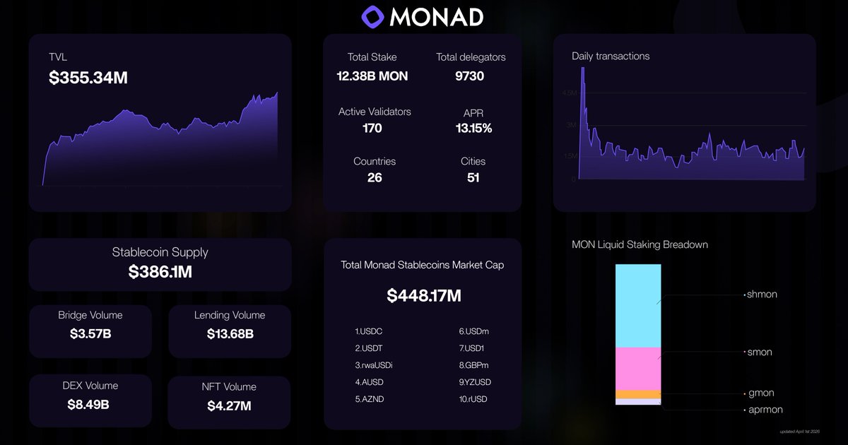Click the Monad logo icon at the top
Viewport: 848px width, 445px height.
click(372, 16)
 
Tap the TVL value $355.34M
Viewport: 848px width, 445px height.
click(88, 78)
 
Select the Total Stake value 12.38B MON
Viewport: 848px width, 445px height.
click(372, 76)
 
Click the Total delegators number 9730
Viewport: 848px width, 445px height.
click(470, 76)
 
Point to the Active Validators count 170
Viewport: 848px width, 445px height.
click(372, 128)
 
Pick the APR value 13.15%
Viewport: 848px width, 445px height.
click(473, 129)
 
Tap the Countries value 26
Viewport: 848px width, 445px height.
click(375, 177)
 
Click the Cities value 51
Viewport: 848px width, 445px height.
click(473, 177)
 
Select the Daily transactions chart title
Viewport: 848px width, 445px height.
click(611, 56)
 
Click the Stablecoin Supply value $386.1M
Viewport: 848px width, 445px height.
click(160, 271)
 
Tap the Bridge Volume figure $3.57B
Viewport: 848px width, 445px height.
click(90, 333)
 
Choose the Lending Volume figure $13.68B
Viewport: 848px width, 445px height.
click(230, 333)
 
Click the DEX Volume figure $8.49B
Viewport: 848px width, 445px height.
click(90, 405)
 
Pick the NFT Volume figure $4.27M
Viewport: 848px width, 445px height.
click(229, 405)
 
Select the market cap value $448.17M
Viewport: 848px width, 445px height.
click(423, 296)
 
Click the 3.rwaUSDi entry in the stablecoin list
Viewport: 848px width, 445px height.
click(374, 365)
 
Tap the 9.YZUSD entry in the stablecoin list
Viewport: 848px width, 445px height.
click(475, 382)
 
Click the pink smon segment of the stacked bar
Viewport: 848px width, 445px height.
click(638, 368)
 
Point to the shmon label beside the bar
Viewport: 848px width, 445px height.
click(762, 295)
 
